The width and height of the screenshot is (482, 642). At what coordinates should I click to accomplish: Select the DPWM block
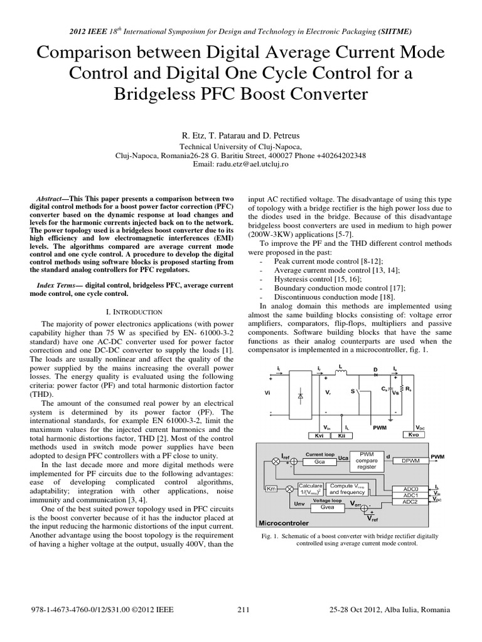410,460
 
